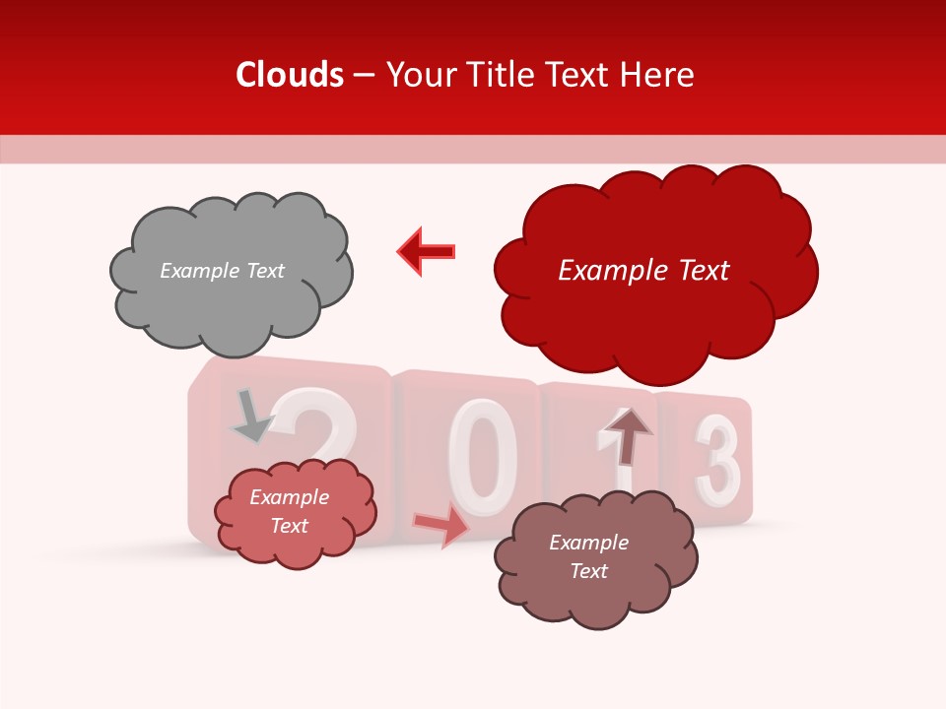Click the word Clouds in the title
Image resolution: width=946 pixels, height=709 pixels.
[290, 75]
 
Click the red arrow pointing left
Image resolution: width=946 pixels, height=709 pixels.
[427, 251]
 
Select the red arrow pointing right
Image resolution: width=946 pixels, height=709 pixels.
[441, 526]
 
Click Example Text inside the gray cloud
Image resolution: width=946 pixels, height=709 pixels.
[222, 271]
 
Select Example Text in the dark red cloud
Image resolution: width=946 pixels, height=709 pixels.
[643, 271]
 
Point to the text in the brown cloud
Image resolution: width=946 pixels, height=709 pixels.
[588, 556]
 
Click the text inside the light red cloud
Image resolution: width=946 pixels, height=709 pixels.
[289, 511]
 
